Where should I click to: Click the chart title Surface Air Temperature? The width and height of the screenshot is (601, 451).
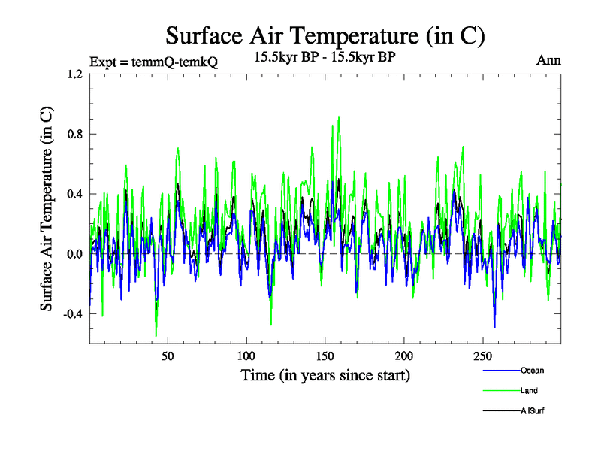tap(325, 35)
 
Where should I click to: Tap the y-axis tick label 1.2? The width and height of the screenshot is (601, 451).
tap(74, 74)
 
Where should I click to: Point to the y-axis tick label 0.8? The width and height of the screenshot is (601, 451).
tap(74, 135)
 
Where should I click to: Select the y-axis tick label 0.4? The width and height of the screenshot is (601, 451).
tap(74, 195)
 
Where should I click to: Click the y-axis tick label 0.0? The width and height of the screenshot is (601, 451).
tap(74, 254)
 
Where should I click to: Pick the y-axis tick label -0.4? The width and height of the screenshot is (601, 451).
tap(71, 314)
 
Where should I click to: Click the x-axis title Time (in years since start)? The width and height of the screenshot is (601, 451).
tap(325, 374)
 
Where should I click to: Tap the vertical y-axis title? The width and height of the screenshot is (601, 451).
tap(47, 209)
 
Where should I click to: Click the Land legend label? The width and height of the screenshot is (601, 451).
tap(529, 391)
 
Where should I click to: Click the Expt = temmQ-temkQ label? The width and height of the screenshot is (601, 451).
tap(153, 62)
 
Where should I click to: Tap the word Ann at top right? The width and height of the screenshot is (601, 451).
tap(548, 59)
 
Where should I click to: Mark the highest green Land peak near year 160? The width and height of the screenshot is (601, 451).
tap(339, 117)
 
